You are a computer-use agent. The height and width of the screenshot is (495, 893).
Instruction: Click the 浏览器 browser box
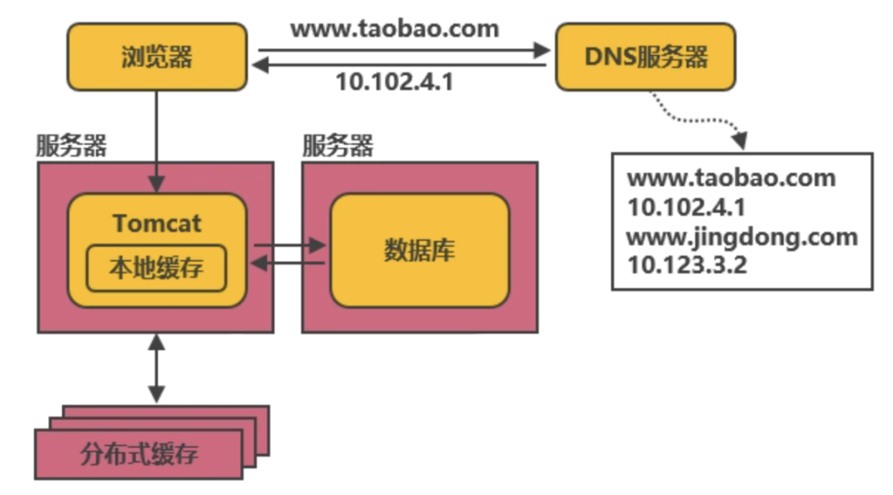point(156,56)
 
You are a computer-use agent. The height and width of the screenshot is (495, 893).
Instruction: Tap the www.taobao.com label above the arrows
point(394,30)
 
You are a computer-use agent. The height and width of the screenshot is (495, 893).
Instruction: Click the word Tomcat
point(157,223)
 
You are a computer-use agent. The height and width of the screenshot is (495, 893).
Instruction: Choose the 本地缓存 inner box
point(156,268)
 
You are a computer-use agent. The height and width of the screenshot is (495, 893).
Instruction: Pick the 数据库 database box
point(419,250)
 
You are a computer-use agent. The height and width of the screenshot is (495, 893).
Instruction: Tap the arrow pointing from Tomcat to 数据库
point(289,245)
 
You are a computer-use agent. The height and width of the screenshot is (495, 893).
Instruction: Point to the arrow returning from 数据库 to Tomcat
point(289,263)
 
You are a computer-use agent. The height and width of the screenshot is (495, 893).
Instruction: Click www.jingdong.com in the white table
point(742,237)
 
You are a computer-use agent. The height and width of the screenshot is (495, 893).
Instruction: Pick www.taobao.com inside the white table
point(731,178)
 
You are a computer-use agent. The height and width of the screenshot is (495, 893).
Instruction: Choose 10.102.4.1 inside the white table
point(685,207)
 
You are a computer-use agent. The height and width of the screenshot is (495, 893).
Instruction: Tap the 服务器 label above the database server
point(337,147)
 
